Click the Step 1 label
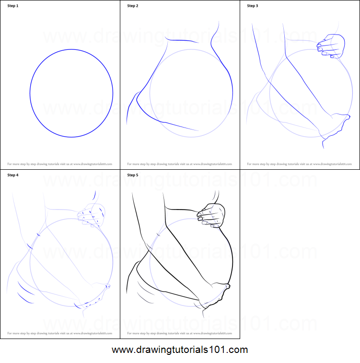point(13,6)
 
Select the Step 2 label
point(133,6)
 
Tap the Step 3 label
point(253,6)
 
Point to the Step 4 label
point(13,175)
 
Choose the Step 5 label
point(133,175)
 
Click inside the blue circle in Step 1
point(71,93)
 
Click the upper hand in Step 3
point(332,46)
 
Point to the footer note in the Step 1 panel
point(59,164)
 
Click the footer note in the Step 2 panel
point(179,164)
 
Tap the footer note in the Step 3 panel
point(299,164)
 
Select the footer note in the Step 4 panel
point(59,333)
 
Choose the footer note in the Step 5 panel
point(179,333)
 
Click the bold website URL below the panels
point(180,350)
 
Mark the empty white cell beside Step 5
point(300,254)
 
